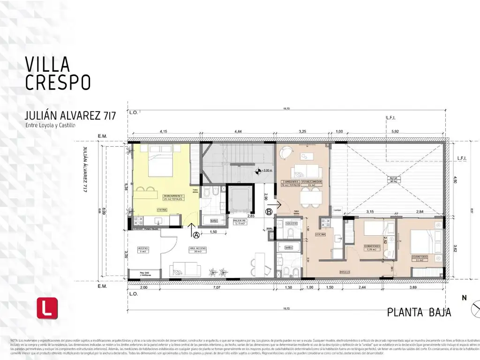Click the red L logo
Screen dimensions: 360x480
tap(47, 308)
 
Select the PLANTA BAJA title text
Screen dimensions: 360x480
tap(419, 312)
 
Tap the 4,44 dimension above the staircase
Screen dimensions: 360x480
tap(237, 131)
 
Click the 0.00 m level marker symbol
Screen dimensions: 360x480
tap(257, 171)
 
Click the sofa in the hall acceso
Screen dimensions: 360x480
tap(185, 269)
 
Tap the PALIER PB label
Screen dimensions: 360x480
tap(240, 221)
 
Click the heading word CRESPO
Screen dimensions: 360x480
tap(58, 82)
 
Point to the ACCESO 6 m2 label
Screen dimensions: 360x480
tap(143, 249)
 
